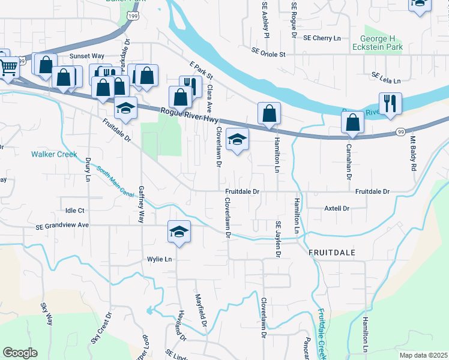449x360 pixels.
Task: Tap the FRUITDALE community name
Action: click(x=333, y=253)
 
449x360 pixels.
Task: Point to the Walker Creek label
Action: click(x=55, y=154)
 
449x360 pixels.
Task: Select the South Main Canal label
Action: click(x=115, y=181)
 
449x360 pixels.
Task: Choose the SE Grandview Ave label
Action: click(x=62, y=226)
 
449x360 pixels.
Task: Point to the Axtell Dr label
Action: click(x=337, y=208)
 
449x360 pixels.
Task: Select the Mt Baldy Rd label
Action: click(x=413, y=154)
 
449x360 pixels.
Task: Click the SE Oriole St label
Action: click(x=268, y=53)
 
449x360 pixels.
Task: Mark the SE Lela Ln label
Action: click(x=385, y=76)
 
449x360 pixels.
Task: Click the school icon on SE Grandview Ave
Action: click(x=179, y=231)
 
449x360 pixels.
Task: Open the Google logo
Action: click(x=20, y=353)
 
